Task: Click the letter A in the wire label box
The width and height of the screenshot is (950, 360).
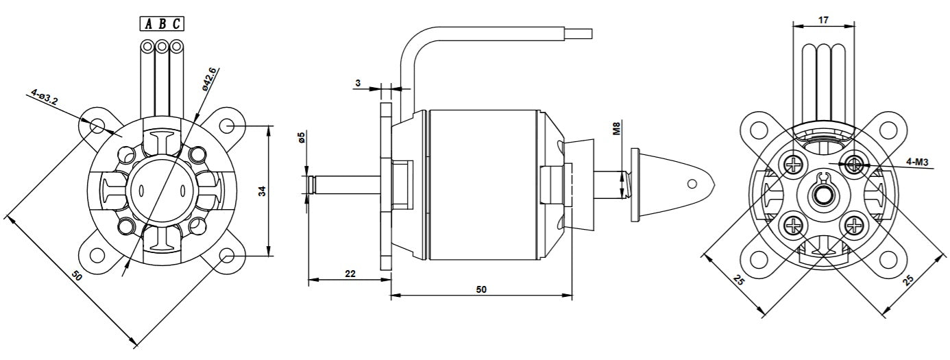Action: [x=149, y=24]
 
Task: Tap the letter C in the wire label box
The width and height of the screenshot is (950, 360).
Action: [x=176, y=24]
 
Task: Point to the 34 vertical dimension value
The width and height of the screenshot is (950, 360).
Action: [x=263, y=191]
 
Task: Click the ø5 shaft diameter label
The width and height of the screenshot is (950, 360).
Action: [x=301, y=138]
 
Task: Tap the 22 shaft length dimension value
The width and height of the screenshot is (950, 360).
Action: [x=350, y=274]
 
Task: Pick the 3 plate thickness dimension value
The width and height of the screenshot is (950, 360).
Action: [x=358, y=83]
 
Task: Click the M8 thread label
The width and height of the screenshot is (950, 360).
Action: [x=617, y=129]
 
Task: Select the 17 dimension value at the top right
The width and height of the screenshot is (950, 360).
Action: [x=823, y=20]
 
